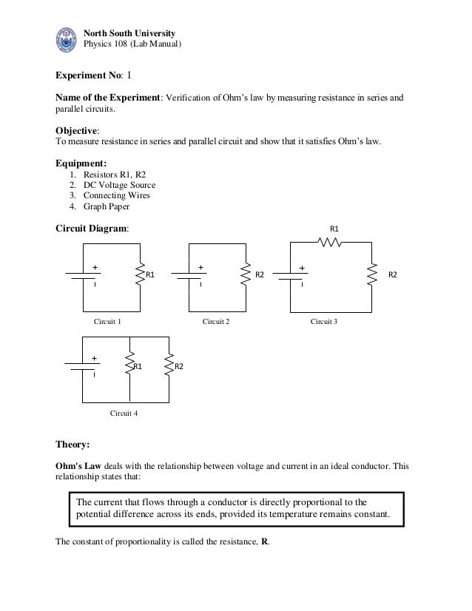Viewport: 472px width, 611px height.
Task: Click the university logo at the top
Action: (67, 38)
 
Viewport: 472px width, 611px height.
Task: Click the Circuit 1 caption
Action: (107, 323)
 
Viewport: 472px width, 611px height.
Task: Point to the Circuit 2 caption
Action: (216, 323)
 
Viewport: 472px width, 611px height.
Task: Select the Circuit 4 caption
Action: (124, 413)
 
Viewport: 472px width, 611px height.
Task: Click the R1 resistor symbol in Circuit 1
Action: (139, 276)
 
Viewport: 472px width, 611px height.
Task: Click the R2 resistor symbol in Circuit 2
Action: (246, 275)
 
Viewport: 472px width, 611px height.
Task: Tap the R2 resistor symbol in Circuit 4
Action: (169, 366)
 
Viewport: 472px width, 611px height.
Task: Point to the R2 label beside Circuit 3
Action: (394, 275)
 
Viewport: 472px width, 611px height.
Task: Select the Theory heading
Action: (73, 446)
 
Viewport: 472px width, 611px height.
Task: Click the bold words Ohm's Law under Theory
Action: (78, 467)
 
